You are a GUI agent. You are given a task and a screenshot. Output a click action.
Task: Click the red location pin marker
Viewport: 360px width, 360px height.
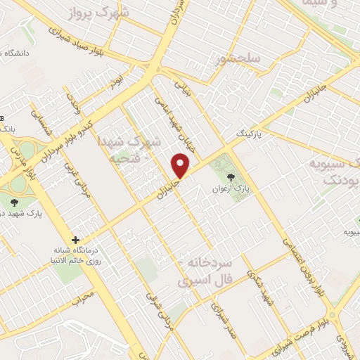tap(181, 166)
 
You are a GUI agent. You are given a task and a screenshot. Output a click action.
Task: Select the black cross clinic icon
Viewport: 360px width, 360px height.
tap(75, 240)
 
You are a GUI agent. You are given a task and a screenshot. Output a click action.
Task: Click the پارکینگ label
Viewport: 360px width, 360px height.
tap(250, 133)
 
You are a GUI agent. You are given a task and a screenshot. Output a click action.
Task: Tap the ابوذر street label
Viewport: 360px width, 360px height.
tap(115, 82)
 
